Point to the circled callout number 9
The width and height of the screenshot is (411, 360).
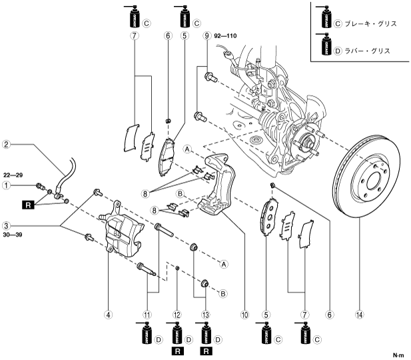click(207, 35)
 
